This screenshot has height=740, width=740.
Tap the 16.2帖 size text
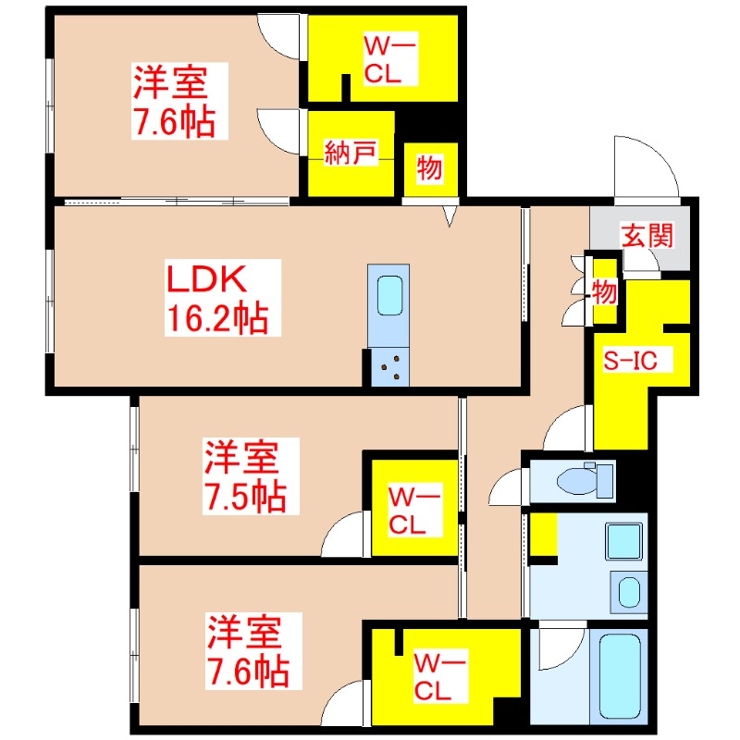(218, 320)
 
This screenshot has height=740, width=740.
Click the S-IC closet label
(631, 362)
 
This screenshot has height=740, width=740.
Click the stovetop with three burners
(389, 367)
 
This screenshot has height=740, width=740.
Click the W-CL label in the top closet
(381, 60)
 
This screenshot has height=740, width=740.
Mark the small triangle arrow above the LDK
(450, 216)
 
